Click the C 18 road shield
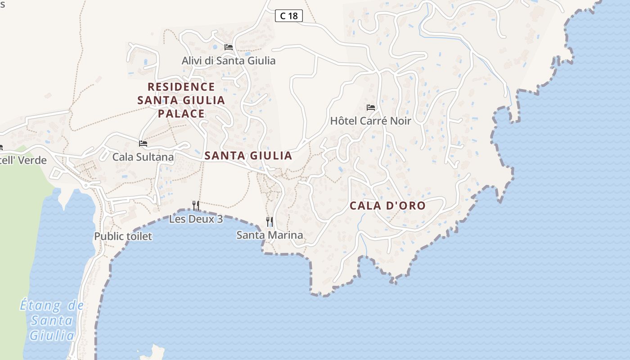tap(289, 16)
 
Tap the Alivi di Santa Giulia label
tap(229, 60)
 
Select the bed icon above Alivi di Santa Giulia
tap(229, 47)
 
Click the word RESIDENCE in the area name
tap(181, 87)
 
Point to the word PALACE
tap(181, 113)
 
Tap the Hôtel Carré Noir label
tap(371, 121)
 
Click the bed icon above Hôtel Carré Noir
tap(371, 108)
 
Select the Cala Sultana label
tap(143, 157)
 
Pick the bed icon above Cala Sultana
tap(143, 144)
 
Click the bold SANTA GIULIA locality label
tap(248, 156)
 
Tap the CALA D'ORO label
tap(387, 206)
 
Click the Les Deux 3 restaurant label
tap(196, 220)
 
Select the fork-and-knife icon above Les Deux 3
tap(196, 206)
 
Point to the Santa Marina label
tap(270, 235)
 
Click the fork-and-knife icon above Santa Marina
tap(270, 221)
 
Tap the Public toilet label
tap(123, 236)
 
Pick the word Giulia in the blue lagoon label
tap(52, 336)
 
